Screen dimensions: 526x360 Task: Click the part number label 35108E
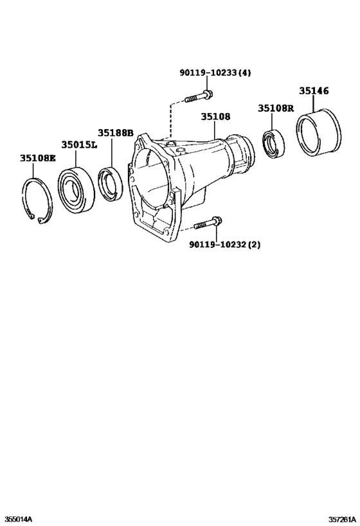coord(37,157)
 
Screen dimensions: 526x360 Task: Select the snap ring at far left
coord(37,200)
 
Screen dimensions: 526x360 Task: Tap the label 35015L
coord(79,146)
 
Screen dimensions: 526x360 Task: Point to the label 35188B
coord(115,133)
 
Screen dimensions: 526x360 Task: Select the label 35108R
coord(276,108)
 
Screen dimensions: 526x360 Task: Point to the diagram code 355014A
coord(19,518)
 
